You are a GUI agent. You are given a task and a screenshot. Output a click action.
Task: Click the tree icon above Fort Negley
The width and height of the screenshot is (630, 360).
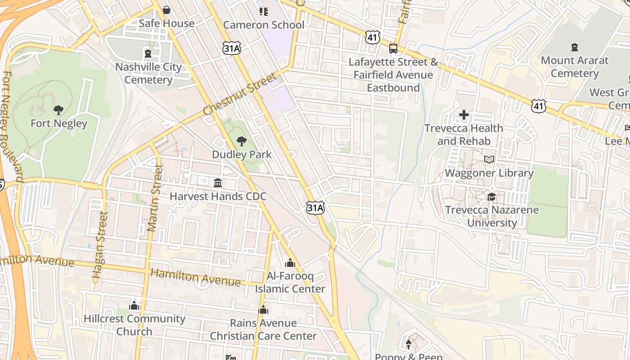[x=58, y=110]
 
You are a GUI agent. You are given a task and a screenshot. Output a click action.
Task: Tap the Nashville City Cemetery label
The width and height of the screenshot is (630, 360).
[x=148, y=73]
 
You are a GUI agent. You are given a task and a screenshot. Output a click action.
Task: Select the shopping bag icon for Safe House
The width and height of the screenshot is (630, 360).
[x=166, y=10]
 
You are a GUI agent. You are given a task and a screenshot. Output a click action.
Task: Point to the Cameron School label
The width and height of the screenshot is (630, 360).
[x=264, y=25]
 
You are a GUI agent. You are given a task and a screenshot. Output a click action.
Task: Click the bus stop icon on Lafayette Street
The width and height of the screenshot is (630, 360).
[x=393, y=48]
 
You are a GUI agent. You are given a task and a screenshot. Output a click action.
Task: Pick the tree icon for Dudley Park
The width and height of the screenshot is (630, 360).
[x=242, y=141]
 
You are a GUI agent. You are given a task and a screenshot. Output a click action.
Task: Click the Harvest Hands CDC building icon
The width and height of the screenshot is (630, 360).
[x=218, y=183]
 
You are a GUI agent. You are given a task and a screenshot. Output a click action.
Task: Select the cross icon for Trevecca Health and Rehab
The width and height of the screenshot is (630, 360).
[x=464, y=115]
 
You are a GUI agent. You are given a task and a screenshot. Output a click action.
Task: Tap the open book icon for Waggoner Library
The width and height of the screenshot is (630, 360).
[x=489, y=159]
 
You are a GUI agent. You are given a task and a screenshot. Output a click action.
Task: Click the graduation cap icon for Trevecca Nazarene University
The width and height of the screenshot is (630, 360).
[x=491, y=197]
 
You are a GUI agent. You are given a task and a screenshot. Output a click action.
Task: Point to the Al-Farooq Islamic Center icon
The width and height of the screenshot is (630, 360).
[x=290, y=262]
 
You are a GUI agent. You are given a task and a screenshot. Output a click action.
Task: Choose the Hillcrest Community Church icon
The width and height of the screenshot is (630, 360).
[x=134, y=306]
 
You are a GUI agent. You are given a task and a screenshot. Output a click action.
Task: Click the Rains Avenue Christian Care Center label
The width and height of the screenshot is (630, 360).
[x=263, y=329]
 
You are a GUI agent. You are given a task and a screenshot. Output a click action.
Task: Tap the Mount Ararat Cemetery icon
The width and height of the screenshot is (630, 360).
[x=574, y=47]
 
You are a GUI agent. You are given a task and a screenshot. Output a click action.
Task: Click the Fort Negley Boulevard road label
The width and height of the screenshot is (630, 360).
[x=11, y=126]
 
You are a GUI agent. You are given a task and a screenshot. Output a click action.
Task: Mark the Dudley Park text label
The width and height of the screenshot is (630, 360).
[x=242, y=155]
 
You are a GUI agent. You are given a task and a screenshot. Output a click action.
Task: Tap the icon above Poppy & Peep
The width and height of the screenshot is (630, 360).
[x=409, y=345]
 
